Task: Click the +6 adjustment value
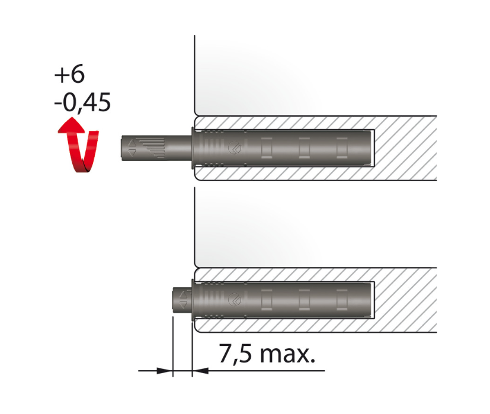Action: tap(69, 75)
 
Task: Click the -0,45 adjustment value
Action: tap(82, 102)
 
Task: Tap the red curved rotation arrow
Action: tap(78, 145)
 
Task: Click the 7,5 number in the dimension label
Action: tap(235, 354)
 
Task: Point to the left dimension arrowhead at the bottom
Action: tap(164, 371)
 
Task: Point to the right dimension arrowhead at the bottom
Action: tap(200, 371)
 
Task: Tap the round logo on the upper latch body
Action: tap(235, 147)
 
